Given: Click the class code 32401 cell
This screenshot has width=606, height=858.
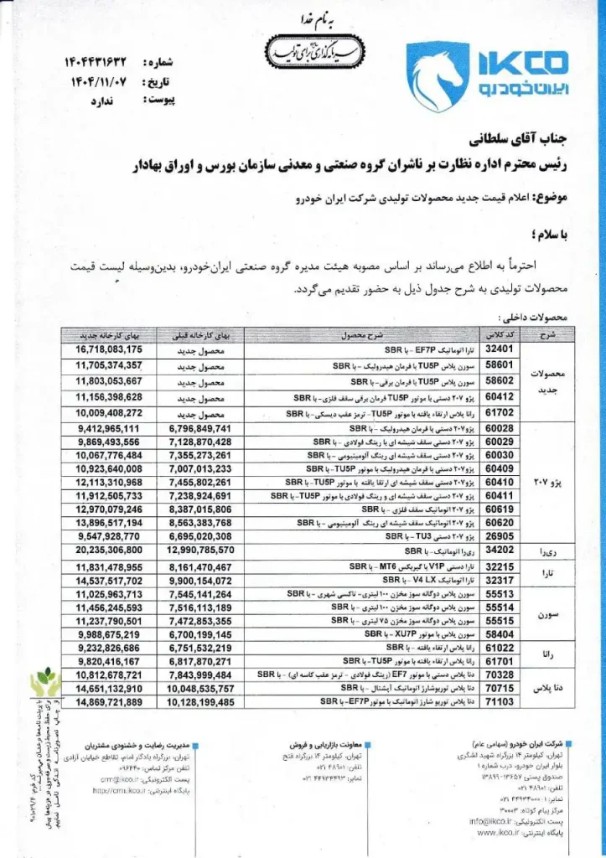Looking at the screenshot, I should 498,349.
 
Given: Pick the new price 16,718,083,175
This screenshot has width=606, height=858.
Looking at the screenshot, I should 109,349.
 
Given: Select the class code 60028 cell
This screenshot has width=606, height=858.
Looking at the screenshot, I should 498,428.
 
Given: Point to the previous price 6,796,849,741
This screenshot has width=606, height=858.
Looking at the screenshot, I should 199,428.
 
